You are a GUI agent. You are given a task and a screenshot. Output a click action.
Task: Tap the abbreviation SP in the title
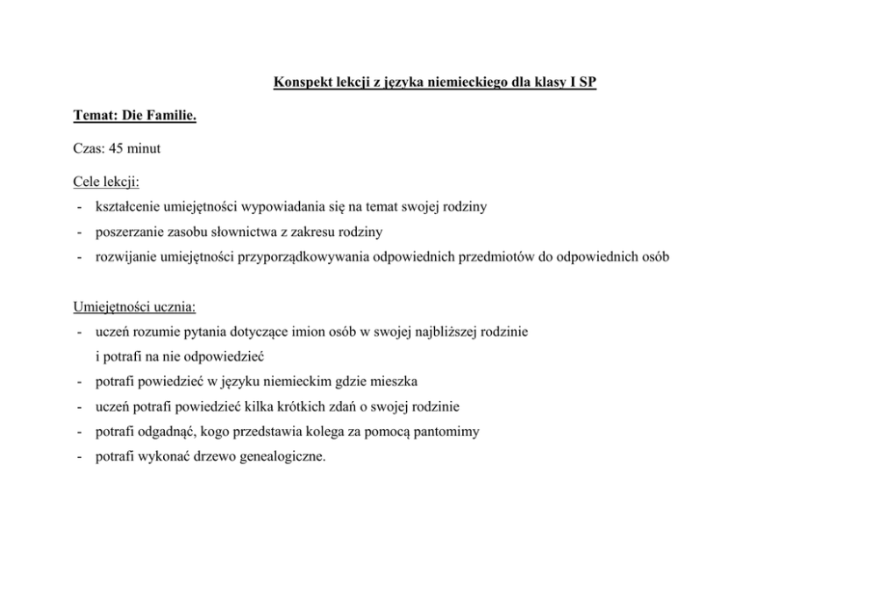pos(588,84)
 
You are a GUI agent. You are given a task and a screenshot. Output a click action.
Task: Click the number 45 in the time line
pos(117,149)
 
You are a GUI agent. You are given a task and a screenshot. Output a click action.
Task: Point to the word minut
pos(144,149)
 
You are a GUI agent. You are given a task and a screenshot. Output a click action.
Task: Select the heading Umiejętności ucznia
pos(134,308)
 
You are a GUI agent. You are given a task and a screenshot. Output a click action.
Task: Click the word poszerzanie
pos(131,233)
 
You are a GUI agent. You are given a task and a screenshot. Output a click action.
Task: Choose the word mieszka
pos(396,383)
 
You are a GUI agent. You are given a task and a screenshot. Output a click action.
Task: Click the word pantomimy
pos(446,432)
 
